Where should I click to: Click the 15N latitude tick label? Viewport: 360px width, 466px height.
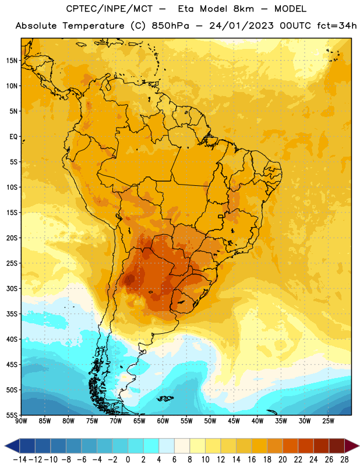[12, 61]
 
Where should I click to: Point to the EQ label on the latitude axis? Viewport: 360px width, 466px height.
[13, 137]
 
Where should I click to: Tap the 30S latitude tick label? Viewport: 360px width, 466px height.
[12, 288]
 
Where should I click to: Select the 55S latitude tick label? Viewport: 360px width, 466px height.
[12, 415]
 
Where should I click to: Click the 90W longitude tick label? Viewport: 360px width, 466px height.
[21, 421]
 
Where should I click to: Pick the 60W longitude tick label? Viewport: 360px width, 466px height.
[163, 421]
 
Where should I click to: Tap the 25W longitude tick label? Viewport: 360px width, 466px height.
[328, 421]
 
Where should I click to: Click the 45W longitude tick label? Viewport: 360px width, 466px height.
[234, 421]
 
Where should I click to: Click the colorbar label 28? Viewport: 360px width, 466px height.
[344, 460]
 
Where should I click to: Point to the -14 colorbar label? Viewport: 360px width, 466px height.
[20, 460]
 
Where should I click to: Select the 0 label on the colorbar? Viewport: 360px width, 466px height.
[128, 460]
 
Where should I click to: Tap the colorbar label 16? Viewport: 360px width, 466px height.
[252, 460]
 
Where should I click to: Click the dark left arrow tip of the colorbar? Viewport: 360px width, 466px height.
[5, 446]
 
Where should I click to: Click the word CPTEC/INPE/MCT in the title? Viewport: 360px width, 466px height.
[110, 9]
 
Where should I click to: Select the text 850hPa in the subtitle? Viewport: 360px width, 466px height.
[170, 26]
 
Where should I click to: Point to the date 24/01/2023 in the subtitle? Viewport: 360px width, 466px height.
[241, 26]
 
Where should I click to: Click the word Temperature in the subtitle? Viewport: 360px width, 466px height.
[93, 26]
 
